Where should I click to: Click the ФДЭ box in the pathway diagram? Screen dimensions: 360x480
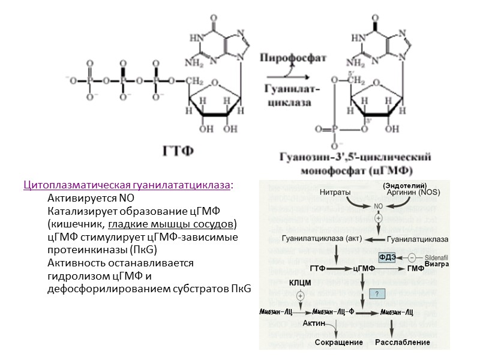point(388,257)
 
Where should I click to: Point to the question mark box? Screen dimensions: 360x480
point(376,294)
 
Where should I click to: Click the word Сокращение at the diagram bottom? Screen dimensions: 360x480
point(340,343)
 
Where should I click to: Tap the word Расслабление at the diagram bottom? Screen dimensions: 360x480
point(403,343)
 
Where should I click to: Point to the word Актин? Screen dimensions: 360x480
point(314,324)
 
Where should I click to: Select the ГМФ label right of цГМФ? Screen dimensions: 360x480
point(416,268)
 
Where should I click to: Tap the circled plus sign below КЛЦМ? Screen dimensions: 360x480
point(300,295)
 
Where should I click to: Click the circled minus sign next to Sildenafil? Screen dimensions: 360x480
point(412,257)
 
